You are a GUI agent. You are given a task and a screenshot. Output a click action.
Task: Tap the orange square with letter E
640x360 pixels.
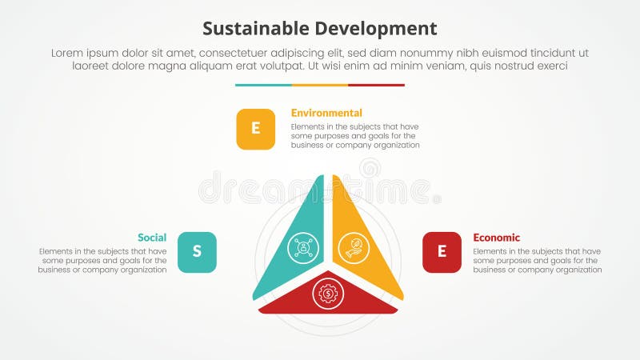[255, 129]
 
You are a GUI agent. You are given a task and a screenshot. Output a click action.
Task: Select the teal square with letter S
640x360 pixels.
[197, 252]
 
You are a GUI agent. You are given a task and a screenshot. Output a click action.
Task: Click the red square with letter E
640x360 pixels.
[442, 252]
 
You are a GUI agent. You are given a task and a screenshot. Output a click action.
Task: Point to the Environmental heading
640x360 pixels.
[326, 113]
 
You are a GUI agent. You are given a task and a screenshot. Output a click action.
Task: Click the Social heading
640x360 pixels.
[152, 238]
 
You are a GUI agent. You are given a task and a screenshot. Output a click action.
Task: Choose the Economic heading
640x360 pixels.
[496, 238]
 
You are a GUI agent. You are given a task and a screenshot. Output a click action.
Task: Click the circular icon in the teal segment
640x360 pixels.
[303, 246]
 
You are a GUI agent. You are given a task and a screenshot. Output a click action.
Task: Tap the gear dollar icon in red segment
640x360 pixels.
[328, 294]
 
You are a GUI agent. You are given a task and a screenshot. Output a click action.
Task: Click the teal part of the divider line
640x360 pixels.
[263, 85]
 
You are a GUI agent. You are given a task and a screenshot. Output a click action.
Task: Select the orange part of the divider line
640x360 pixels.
[320, 85]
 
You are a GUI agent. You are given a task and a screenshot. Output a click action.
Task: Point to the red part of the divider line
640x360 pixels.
[376, 85]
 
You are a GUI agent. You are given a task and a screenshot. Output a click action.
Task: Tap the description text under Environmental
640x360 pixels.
[355, 136]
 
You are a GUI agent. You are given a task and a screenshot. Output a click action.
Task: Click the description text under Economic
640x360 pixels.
[537, 261]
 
